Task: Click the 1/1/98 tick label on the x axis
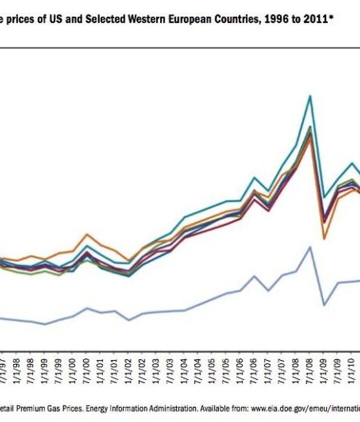[x=17, y=370]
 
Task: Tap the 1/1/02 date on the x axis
[x=131, y=370]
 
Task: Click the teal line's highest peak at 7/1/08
[x=310, y=96]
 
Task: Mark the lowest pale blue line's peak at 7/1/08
[x=310, y=247]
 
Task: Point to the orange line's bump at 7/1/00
[x=87, y=234]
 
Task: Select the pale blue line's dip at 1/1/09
[x=324, y=305]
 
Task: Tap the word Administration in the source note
[x=170, y=408]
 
